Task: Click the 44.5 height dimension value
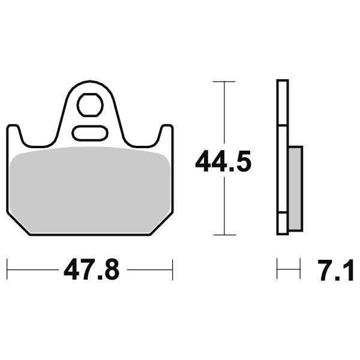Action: coord(223,161)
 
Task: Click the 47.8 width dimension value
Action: coord(92,269)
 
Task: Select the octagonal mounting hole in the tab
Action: coord(90,105)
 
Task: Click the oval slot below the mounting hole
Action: coord(90,133)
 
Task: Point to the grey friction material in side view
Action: coord(295,188)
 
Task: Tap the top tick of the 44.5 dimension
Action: coord(224,82)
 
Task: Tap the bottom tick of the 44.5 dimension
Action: coord(224,235)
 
